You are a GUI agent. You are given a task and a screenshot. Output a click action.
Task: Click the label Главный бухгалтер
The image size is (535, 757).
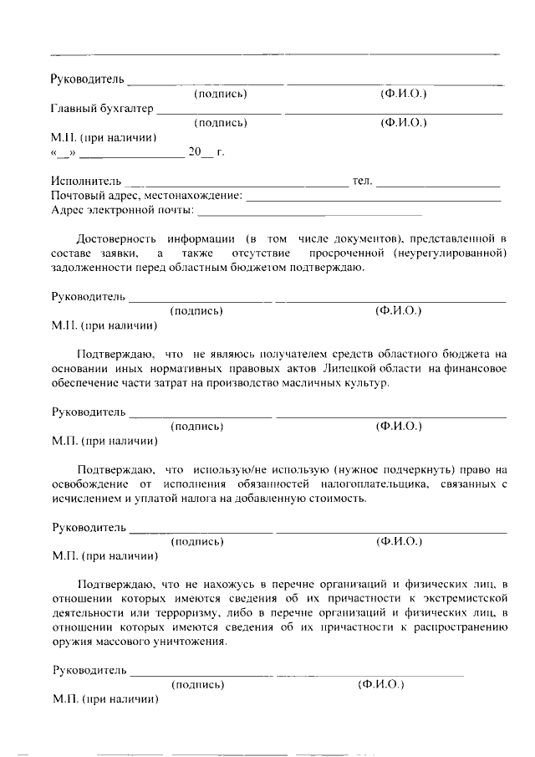[103, 109]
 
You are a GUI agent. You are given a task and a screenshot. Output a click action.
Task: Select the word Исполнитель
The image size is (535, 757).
[86, 182]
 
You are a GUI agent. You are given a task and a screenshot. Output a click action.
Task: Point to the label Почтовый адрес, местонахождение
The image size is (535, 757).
[147, 196]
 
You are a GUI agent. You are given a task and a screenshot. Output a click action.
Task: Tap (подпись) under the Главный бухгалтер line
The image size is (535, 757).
[220, 123]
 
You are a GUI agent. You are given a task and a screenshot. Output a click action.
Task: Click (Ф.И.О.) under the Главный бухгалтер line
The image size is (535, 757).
[404, 123]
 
